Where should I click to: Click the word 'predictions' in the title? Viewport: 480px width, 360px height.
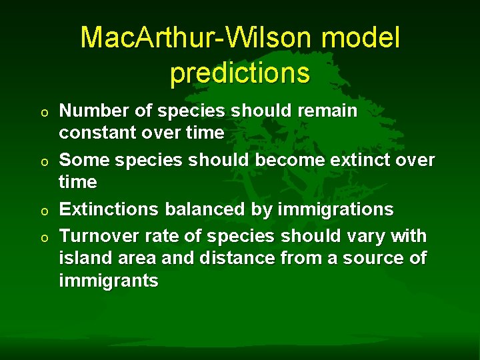[x=240, y=73]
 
